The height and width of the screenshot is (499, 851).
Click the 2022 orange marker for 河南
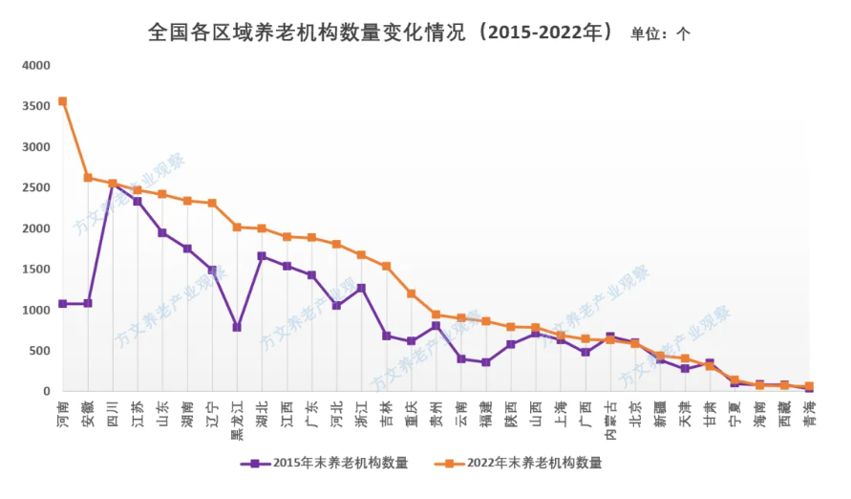[x=62, y=101]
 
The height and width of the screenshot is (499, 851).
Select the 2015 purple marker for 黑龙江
[x=237, y=327]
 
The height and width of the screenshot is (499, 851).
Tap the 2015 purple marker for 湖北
[x=262, y=256]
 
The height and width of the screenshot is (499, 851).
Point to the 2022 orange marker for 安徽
[x=88, y=178]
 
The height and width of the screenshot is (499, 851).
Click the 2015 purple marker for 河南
[x=62, y=304]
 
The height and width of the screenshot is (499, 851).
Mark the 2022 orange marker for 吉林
[x=386, y=266]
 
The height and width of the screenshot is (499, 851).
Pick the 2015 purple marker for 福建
[x=485, y=362]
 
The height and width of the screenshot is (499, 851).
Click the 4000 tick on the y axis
[x=36, y=66]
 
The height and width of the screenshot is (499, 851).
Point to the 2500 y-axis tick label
[x=36, y=188]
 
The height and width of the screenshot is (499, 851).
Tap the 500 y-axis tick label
[x=40, y=351]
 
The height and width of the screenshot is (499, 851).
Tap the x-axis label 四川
[x=113, y=412]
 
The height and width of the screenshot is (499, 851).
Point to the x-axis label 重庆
[x=411, y=412]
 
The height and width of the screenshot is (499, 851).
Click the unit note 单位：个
[x=660, y=33]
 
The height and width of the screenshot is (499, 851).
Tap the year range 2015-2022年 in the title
[x=545, y=32]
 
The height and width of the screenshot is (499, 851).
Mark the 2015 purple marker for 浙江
[x=361, y=288]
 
